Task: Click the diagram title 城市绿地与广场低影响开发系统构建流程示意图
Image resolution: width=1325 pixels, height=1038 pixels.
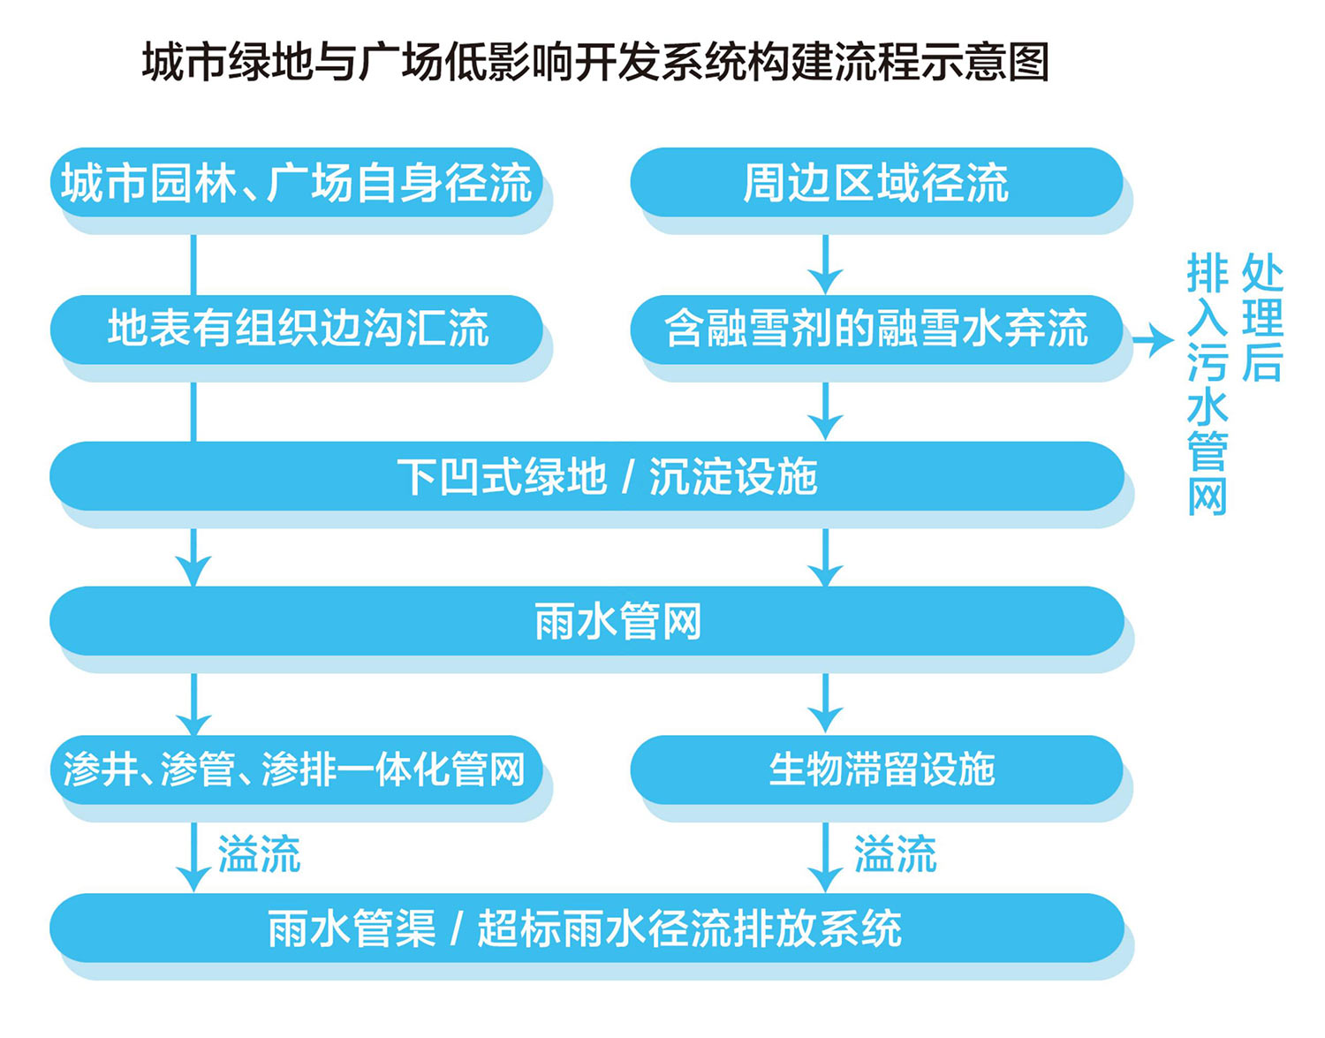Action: click(595, 62)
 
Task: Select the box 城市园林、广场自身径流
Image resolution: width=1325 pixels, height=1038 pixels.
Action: click(296, 182)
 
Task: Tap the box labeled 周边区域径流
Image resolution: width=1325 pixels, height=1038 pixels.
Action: click(876, 182)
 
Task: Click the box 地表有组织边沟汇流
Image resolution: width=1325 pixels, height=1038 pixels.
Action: click(296, 330)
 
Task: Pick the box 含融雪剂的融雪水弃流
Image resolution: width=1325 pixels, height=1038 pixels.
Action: click(876, 330)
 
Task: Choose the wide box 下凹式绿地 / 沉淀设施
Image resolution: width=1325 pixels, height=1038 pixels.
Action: click(587, 476)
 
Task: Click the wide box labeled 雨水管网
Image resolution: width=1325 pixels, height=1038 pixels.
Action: click(587, 621)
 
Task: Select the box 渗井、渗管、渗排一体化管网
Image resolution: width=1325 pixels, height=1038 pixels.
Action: click(296, 769)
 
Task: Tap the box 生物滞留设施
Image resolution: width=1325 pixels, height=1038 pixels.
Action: click(876, 769)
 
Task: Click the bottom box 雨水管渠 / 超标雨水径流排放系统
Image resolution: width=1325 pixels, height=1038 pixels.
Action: click(587, 928)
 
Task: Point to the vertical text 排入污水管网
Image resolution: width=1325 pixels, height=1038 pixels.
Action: click(1208, 385)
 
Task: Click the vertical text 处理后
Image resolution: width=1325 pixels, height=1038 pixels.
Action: click(1262, 318)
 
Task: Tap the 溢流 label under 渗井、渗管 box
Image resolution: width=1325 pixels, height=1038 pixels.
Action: click(259, 854)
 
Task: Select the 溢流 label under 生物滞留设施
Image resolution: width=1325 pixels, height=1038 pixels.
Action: click(895, 854)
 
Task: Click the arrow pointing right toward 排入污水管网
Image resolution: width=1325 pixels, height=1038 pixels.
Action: click(1153, 340)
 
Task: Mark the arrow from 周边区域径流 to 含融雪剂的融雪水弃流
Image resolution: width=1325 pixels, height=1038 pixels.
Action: click(825, 265)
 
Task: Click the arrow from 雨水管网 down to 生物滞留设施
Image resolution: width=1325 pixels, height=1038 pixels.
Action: click(825, 703)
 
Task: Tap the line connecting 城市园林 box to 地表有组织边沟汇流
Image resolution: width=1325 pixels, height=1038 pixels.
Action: click(193, 265)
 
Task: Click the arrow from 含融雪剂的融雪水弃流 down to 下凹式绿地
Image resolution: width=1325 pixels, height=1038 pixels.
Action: click(825, 412)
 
